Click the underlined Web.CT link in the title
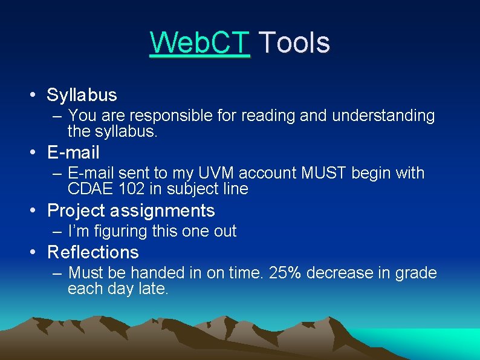click(199, 43)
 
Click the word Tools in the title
click(294, 43)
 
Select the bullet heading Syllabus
click(82, 95)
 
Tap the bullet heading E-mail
click(73, 153)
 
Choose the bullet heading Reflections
click(92, 252)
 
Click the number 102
click(131, 189)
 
